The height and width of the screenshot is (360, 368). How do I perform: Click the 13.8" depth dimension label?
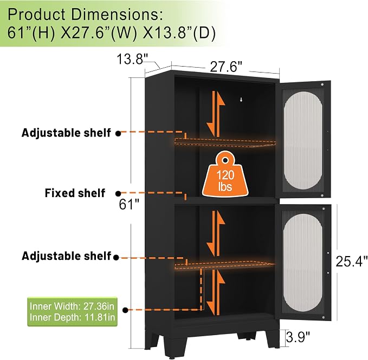point(132,59)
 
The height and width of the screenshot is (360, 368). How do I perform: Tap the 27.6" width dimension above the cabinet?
point(225,67)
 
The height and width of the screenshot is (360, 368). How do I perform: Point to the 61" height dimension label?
point(129,204)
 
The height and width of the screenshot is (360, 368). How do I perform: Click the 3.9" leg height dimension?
point(298,337)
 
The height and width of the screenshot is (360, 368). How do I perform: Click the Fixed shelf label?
point(75,193)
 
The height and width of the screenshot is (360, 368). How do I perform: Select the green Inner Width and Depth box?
point(72,312)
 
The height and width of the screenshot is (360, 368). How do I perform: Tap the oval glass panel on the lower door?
point(303,263)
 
